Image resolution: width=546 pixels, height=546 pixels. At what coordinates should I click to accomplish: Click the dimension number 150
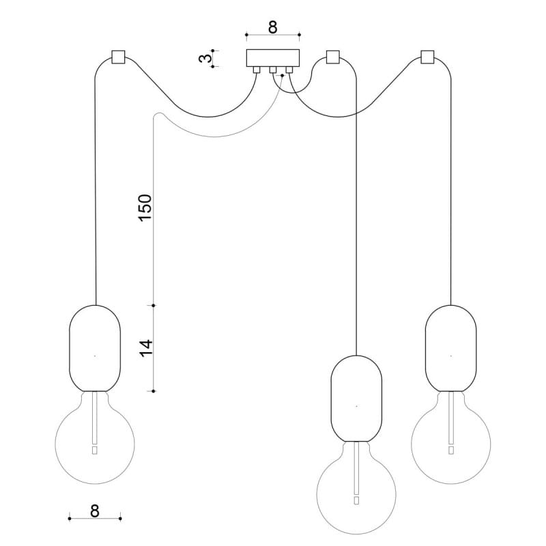coord(145,207)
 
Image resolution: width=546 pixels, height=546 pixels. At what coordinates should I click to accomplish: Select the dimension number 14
coord(145,347)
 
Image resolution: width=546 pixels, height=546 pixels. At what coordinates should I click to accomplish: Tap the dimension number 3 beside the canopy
coord(203,59)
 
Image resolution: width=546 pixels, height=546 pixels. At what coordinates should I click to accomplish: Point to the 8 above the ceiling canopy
coord(272,27)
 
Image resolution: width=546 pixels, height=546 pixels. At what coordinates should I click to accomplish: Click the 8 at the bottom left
coord(94,509)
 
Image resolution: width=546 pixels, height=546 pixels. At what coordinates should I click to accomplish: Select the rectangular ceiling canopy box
coord(272,57)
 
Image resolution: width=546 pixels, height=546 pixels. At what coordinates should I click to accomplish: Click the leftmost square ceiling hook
coord(117,56)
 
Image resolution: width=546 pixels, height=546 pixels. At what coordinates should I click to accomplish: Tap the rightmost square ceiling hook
coord(428,56)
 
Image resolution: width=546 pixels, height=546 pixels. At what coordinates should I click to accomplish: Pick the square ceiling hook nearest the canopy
coord(333,56)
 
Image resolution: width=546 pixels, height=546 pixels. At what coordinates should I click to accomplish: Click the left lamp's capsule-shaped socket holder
coord(95,348)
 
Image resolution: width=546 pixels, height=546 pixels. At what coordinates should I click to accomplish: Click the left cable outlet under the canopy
coord(256,69)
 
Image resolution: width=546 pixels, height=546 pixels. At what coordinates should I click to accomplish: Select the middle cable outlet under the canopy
coord(272,69)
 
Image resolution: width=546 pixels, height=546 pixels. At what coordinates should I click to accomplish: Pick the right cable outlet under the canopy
coord(289,69)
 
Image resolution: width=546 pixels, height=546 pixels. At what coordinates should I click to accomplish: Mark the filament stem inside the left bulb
coord(94,423)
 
